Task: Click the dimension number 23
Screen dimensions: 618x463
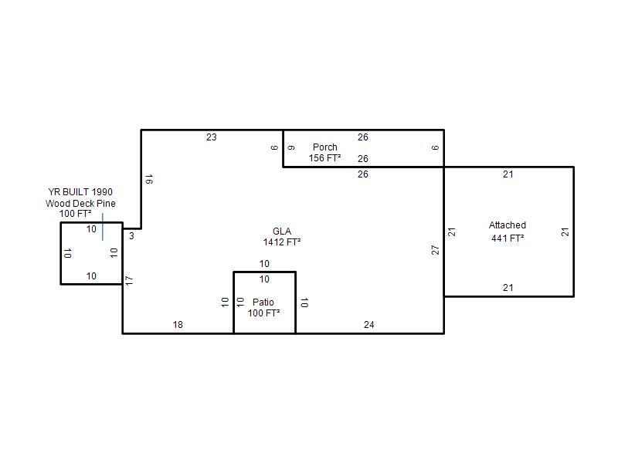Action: [x=211, y=137]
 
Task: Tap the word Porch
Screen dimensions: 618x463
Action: [x=324, y=147]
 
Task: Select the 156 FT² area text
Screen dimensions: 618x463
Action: [x=324, y=158]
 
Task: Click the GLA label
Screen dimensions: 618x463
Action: [x=282, y=231]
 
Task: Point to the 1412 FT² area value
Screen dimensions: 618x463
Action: [x=282, y=242]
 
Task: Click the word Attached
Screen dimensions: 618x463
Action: [x=508, y=225]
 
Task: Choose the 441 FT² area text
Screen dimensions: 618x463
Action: [x=508, y=238]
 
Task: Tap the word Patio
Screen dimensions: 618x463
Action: [x=263, y=302]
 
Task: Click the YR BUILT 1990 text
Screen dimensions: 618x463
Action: [x=80, y=191]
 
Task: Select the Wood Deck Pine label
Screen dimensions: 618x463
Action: [x=80, y=203]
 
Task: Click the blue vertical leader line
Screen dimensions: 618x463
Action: [x=103, y=227]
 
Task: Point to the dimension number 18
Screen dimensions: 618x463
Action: [x=178, y=324]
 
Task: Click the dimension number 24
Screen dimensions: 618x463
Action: [x=369, y=324]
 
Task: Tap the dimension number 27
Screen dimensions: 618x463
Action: [x=435, y=250]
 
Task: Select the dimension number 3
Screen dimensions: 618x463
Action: [x=131, y=236]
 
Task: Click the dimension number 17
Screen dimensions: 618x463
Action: [x=129, y=281]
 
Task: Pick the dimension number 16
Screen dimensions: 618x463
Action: [x=149, y=179]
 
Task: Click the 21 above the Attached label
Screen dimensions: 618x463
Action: [x=508, y=174]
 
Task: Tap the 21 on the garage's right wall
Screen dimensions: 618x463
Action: [x=565, y=232]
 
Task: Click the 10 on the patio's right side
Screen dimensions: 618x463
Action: [x=304, y=302]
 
